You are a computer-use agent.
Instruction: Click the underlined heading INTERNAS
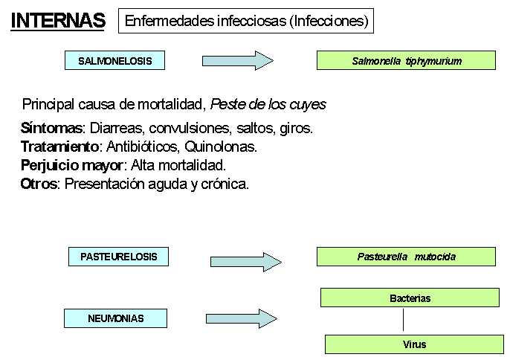pos(58,21)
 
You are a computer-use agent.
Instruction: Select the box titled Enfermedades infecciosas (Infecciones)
pos(246,21)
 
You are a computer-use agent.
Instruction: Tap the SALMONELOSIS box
pos(114,60)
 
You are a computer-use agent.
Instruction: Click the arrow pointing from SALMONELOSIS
pos(238,60)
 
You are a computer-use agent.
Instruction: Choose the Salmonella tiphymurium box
pos(406,60)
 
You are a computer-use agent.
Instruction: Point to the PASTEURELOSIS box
pos(118,257)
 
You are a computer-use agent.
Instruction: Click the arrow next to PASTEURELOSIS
pos(246,262)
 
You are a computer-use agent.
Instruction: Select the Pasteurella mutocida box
pos(406,257)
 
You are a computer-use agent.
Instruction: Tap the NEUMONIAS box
pos(115,318)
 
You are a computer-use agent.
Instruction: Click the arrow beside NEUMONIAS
pos(242,318)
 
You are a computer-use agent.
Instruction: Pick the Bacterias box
pos(410,298)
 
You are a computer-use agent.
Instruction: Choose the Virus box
pos(414,344)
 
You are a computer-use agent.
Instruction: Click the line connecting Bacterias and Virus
pos(403,320)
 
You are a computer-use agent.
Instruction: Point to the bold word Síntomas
pos(51,128)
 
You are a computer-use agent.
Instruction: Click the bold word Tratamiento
pos(59,147)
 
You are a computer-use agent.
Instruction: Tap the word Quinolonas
pos(221,147)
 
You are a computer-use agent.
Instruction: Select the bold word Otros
pos(39,184)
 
